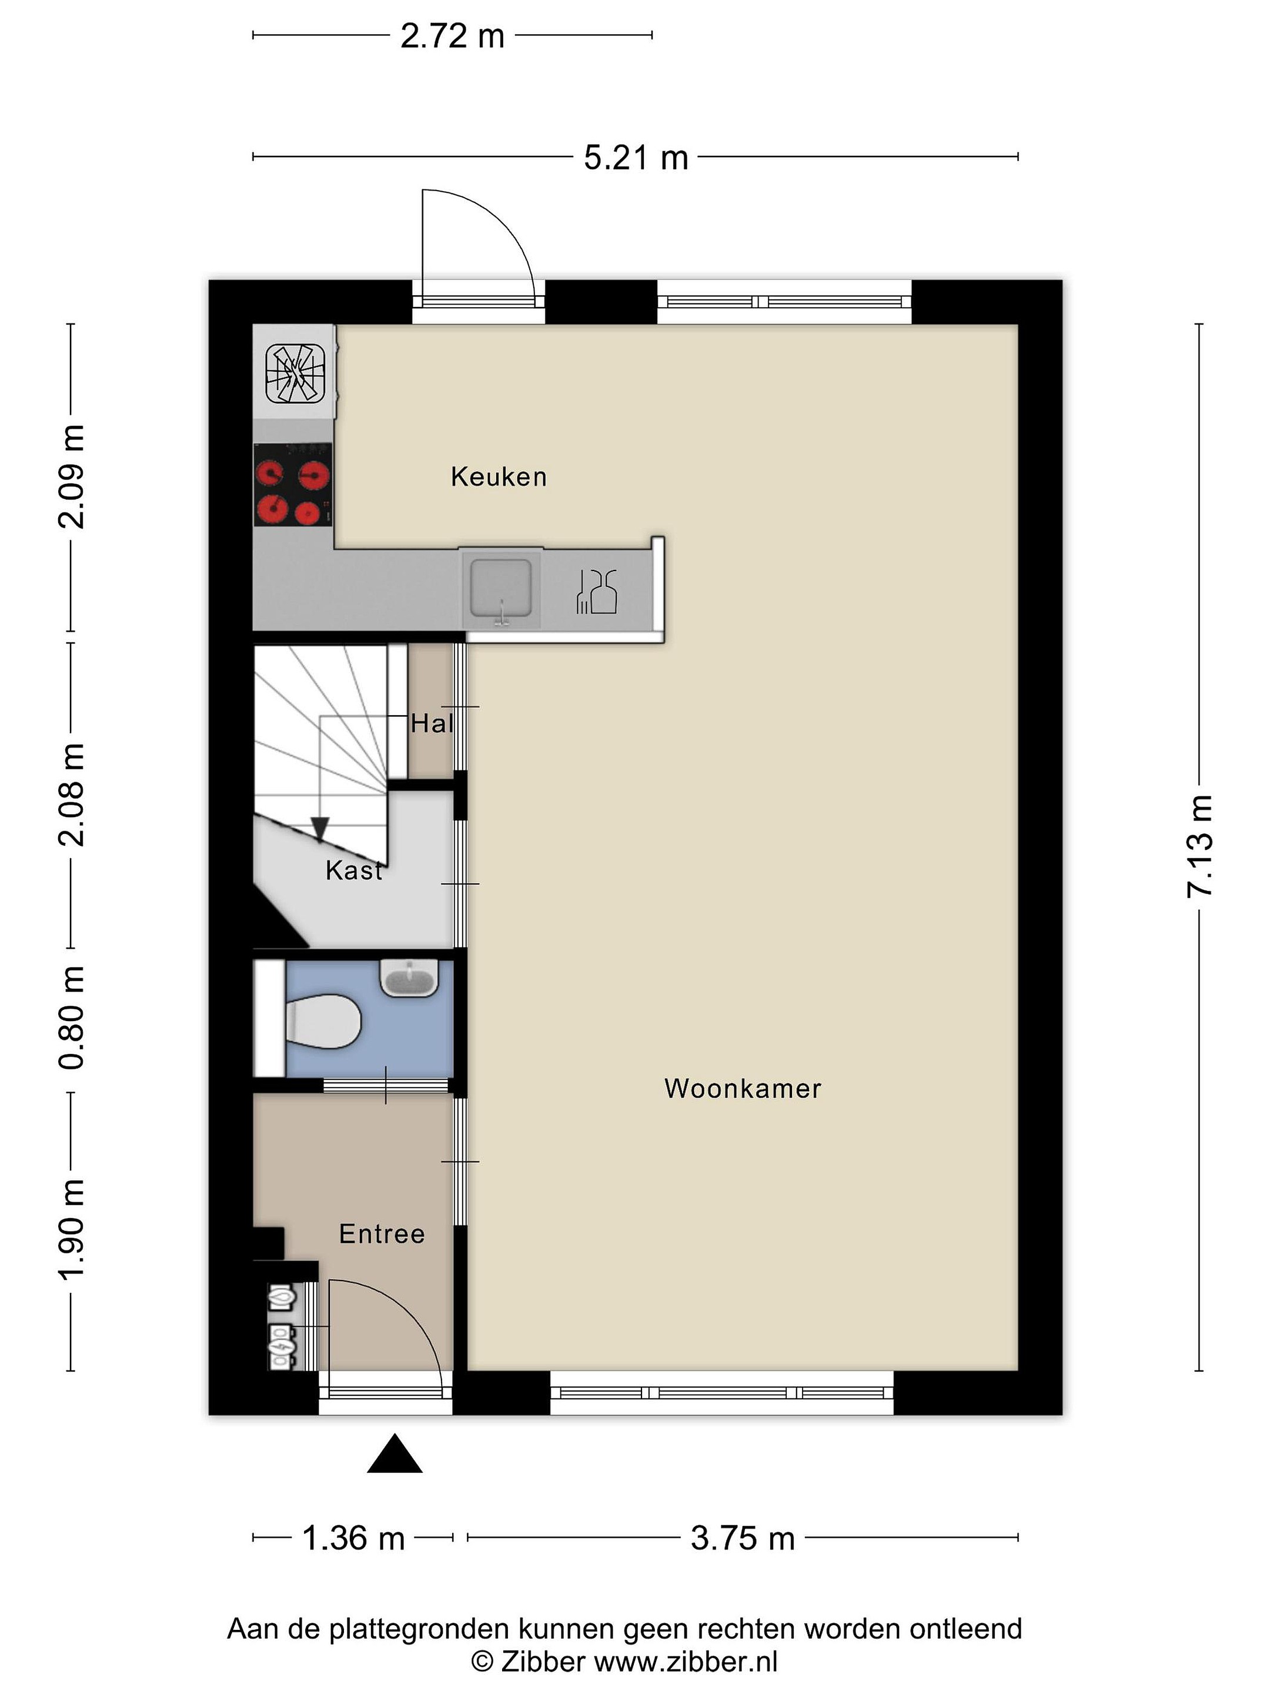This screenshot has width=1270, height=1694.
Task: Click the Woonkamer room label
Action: (x=742, y=1088)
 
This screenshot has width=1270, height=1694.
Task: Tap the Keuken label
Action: (x=499, y=477)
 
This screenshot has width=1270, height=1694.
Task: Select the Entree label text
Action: (x=381, y=1234)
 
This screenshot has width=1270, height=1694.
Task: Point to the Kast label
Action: (x=354, y=870)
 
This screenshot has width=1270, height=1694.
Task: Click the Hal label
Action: (x=432, y=723)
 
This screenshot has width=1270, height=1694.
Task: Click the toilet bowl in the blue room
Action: (x=322, y=1022)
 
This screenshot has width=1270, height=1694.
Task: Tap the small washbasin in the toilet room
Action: (x=410, y=978)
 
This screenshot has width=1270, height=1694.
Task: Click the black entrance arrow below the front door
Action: (x=395, y=1453)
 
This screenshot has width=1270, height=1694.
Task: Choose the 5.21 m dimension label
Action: (x=636, y=158)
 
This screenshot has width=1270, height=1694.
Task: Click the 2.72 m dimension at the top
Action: (x=452, y=36)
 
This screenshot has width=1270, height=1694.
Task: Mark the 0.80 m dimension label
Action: (x=71, y=1017)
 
